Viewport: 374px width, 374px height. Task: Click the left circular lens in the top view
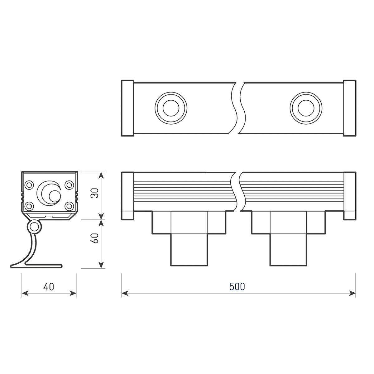[171, 108]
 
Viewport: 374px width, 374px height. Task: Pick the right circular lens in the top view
[306, 108]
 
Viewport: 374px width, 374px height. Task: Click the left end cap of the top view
[127, 108]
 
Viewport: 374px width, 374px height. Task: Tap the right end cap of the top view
[350, 108]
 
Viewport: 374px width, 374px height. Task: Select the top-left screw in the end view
[29, 185]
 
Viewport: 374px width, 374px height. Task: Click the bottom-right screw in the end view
[69, 206]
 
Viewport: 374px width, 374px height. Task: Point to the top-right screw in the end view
[69, 185]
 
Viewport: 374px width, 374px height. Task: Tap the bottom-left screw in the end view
[29, 206]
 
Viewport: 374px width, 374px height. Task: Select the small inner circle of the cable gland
[55, 196]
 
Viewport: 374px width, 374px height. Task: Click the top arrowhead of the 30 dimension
[101, 176]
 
